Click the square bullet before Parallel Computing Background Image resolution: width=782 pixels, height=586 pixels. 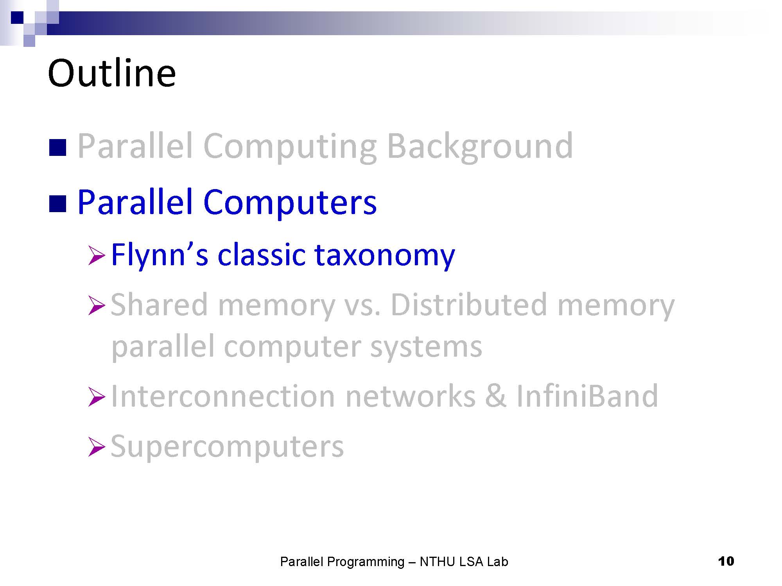pos(57,148)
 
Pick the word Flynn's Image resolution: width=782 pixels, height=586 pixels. pos(160,255)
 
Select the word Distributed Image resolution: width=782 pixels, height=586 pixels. pos(469,305)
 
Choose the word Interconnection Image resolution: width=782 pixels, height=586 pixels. pos(223,396)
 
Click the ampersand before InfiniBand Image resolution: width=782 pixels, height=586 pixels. pos(496,396)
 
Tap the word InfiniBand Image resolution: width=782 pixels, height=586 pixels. pos(587,396)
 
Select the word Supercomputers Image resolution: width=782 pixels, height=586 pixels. pos(227,447)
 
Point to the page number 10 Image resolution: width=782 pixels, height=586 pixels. pos(726,561)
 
